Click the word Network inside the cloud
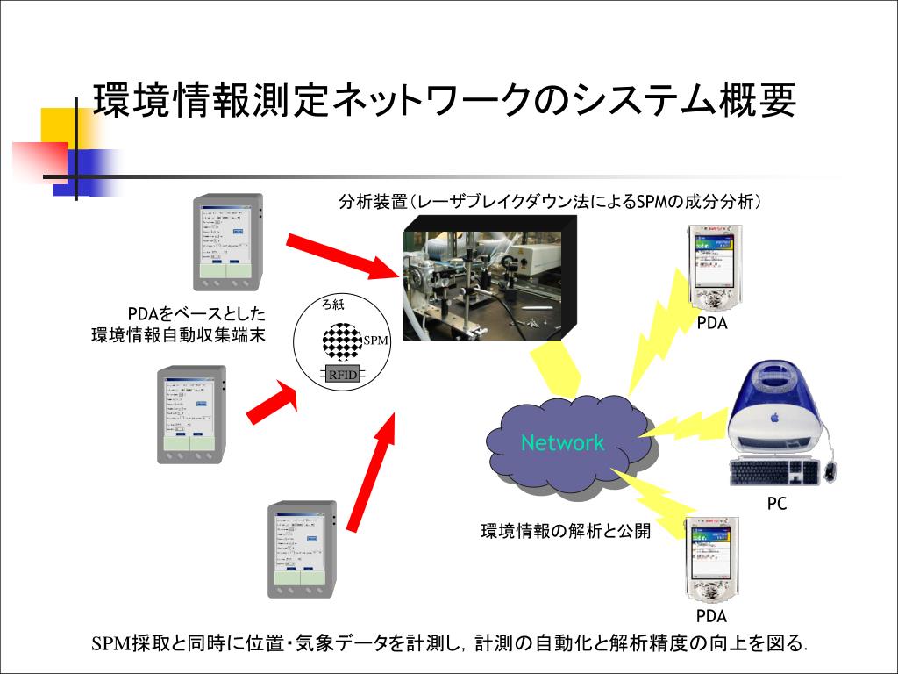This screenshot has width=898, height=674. [562, 442]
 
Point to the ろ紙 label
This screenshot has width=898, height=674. [333, 305]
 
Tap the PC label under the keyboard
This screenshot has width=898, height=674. [776, 504]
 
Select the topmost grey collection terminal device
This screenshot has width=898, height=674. [227, 243]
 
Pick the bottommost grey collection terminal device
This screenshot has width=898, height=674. [301, 549]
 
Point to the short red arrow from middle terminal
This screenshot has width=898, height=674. [272, 400]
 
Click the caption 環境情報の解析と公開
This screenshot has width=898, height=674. [566, 531]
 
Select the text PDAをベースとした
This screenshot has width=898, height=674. [196, 314]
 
